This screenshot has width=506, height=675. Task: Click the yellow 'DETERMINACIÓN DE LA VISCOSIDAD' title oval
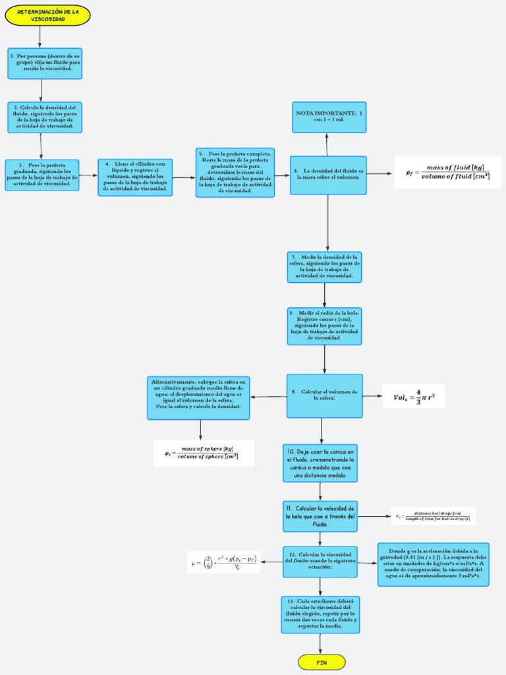coord(47,15)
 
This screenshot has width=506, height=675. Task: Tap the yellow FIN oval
coord(322,661)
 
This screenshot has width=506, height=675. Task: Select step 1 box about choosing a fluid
coord(45,63)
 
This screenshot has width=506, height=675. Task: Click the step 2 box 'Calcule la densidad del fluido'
coord(45,117)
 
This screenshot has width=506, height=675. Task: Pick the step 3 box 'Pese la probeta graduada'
coord(42,175)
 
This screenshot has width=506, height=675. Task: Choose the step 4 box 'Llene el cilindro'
coord(136,177)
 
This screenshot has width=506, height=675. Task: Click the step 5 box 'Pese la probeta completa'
coord(235,172)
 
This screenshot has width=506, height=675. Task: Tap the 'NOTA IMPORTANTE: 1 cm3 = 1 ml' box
coord(329,117)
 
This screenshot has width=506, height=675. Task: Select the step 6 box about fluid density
coord(328,175)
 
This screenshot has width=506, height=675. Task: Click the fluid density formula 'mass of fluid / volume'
coord(447,172)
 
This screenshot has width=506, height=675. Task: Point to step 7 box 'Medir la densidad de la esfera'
coord(324,267)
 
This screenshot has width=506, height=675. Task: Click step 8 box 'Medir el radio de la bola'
coord(324,326)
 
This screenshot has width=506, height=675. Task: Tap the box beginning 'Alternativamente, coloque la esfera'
coord(198,397)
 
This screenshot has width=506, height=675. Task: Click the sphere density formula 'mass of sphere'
coord(203,453)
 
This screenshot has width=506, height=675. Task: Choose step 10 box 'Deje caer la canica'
coord(320,463)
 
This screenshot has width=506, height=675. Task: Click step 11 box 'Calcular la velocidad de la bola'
coord(320,516)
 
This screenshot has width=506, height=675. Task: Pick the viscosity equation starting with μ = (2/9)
coord(223,562)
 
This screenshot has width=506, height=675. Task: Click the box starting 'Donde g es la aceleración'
coord(433,564)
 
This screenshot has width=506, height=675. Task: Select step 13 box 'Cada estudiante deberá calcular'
coord(320,614)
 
